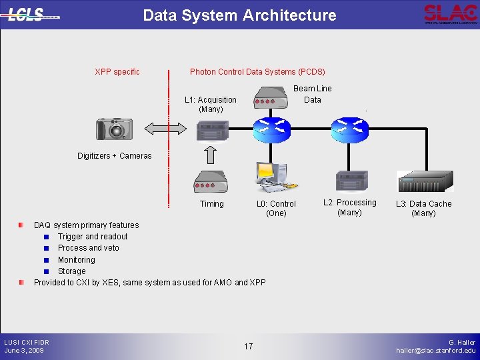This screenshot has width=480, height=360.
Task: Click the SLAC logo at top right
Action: tap(451, 14)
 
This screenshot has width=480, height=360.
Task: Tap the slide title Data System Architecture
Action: tap(239, 15)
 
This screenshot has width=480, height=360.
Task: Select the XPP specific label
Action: tap(117, 71)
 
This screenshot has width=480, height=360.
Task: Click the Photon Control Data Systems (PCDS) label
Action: tap(257, 71)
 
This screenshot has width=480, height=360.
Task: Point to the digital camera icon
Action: tap(114, 129)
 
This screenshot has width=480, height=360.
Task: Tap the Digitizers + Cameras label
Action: tap(114, 156)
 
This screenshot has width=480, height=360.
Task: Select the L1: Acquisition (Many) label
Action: tap(211, 105)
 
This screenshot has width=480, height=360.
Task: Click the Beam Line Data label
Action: tap(313, 94)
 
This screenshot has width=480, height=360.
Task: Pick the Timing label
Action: tap(212, 204)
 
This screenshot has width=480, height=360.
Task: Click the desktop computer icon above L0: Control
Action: tap(273, 177)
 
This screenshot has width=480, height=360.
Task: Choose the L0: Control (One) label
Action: tap(276, 209)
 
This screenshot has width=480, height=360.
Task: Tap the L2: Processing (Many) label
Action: tap(350, 207)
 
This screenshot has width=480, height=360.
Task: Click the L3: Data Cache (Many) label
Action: tap(424, 209)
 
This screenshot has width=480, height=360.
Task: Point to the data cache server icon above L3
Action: tap(425, 181)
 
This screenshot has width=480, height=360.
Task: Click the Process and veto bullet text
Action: tap(89, 248)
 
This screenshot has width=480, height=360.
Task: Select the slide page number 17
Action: tap(248, 346)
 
